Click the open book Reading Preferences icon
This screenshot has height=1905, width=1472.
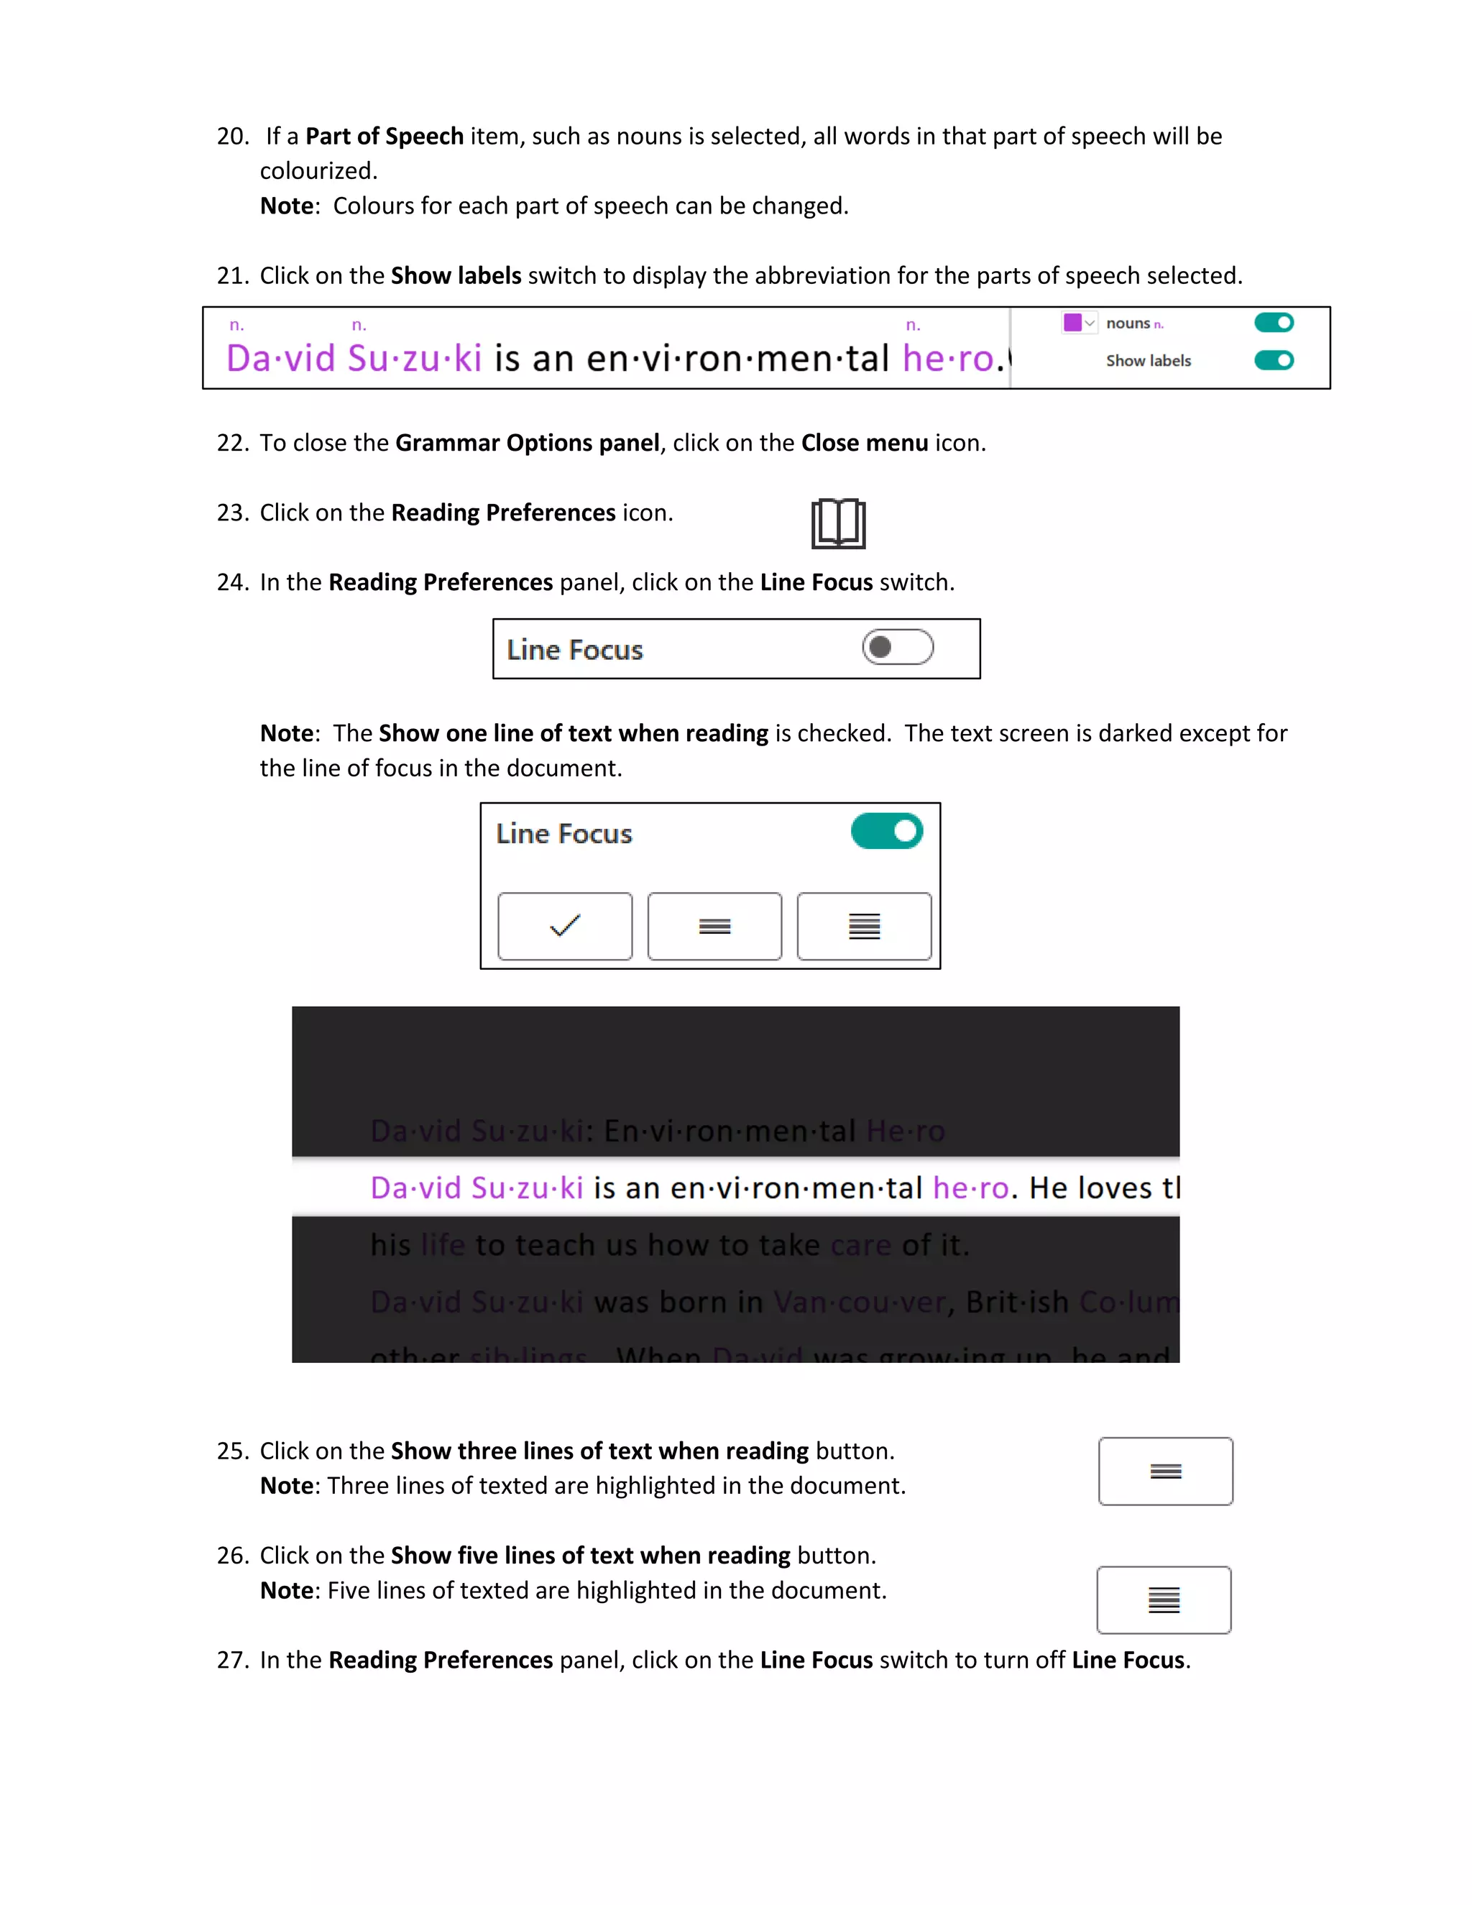click(838, 523)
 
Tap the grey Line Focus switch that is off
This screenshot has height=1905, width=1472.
click(897, 647)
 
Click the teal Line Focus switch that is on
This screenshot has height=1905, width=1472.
click(887, 831)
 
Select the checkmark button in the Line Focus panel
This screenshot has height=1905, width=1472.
click(565, 925)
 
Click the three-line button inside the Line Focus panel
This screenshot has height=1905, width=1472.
click(714, 925)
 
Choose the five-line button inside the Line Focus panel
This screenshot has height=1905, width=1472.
click(864, 925)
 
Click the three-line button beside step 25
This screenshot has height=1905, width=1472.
click(1165, 1472)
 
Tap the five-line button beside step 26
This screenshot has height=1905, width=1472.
click(1164, 1599)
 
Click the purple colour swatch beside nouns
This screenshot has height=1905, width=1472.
click(1072, 323)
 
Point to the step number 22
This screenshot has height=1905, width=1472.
click(232, 443)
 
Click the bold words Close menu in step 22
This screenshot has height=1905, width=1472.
click(864, 443)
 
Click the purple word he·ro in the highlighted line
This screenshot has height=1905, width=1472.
click(970, 1188)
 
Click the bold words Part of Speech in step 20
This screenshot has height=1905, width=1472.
click(384, 137)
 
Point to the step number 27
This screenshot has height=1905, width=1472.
click(232, 1660)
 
